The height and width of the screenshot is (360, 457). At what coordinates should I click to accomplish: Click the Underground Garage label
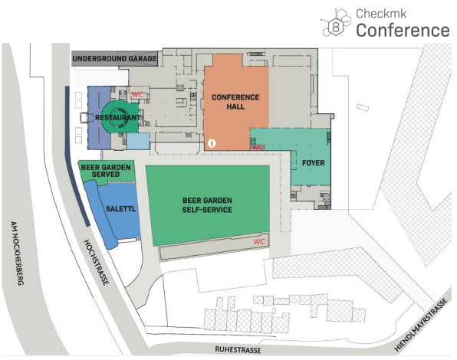pyautogui.click(x=114, y=58)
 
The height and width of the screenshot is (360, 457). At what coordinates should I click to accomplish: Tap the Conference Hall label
pyautogui.click(x=235, y=102)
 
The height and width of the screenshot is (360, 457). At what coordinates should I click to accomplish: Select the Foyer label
pyautogui.click(x=314, y=162)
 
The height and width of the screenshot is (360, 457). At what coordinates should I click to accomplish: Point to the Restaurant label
pyautogui.click(x=118, y=118)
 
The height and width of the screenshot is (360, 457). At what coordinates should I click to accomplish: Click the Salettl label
pyautogui.click(x=120, y=208)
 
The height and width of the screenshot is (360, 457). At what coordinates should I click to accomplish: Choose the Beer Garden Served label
pyautogui.click(x=106, y=171)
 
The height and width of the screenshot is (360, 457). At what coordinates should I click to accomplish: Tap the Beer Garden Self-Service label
pyautogui.click(x=207, y=205)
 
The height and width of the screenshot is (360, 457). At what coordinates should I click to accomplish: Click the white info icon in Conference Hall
pyautogui.click(x=212, y=143)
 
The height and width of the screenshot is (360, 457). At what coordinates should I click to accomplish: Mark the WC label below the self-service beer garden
pyautogui.click(x=259, y=241)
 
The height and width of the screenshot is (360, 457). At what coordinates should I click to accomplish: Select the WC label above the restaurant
pyautogui.click(x=137, y=95)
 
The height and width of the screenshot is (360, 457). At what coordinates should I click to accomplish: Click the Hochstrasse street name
pyautogui.click(x=97, y=262)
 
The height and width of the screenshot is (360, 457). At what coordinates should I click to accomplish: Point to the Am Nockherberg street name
pyautogui.click(x=17, y=254)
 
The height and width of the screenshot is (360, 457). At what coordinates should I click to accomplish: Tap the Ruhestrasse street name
pyautogui.click(x=238, y=349)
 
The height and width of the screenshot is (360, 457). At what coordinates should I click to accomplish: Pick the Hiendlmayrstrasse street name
pyautogui.click(x=420, y=325)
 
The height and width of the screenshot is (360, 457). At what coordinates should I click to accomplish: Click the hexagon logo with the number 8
pyautogui.click(x=336, y=23)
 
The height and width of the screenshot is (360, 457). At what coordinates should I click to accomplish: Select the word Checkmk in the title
pyautogui.click(x=381, y=13)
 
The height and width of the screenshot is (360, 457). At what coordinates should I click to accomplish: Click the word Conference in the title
pyautogui.click(x=403, y=31)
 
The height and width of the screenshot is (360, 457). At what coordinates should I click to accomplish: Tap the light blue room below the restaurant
pyautogui.click(x=138, y=141)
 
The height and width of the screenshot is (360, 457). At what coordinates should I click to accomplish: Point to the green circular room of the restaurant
pyautogui.click(x=120, y=116)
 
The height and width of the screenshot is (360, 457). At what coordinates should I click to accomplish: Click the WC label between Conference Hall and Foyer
pyautogui.click(x=258, y=147)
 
